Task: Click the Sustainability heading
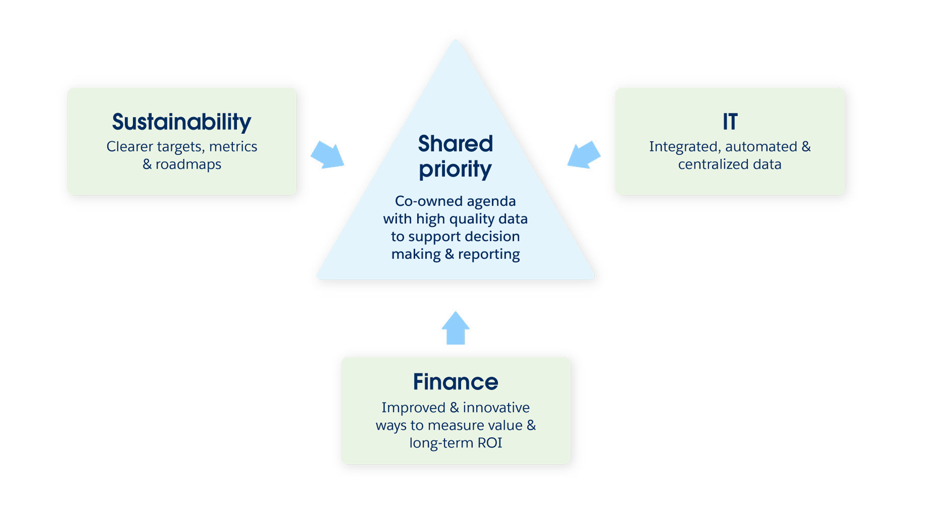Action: (x=181, y=122)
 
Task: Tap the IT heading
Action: (x=730, y=122)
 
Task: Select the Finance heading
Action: (x=456, y=382)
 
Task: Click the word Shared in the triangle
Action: (x=456, y=143)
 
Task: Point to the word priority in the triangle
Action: (x=456, y=169)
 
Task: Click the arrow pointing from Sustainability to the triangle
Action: (x=328, y=155)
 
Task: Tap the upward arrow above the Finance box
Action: (x=456, y=328)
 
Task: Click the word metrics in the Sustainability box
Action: (x=233, y=147)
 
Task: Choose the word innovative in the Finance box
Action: (x=496, y=407)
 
